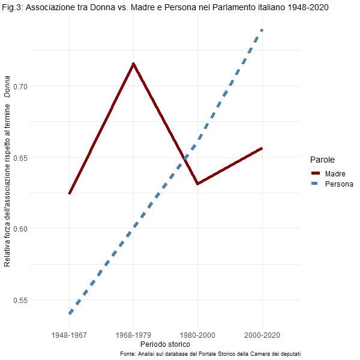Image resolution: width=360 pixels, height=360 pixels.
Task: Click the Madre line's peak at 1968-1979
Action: click(133, 63)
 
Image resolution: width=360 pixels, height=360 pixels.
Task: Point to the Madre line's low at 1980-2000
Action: click(197, 184)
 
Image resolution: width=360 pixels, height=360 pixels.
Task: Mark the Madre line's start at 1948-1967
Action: click(70, 194)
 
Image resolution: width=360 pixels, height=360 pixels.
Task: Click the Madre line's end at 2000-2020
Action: click(262, 148)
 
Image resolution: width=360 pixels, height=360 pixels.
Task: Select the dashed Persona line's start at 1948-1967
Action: click(70, 313)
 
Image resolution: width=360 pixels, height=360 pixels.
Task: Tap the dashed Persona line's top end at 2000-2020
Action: click(262, 29)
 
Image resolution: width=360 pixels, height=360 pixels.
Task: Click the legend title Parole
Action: click(322, 160)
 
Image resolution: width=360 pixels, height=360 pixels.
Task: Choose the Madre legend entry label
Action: click(334, 173)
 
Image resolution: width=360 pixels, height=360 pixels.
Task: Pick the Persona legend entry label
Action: click(339, 184)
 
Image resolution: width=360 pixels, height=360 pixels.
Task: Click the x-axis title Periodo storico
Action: click(165, 344)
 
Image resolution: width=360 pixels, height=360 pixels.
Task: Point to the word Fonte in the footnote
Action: click(128, 354)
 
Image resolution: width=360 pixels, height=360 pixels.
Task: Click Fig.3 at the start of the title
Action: click(13, 7)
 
